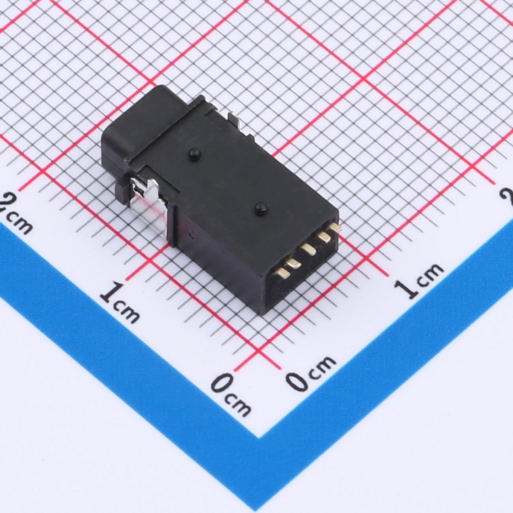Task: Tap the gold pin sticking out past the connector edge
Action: click(x=335, y=227)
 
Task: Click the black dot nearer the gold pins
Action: click(x=260, y=208)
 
